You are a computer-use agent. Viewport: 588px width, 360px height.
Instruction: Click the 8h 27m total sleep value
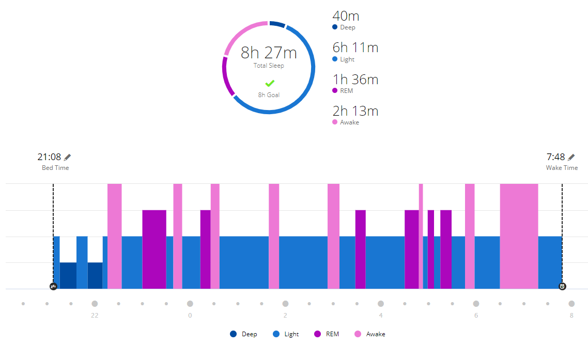pos(269,53)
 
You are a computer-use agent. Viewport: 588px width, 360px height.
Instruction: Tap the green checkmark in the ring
pos(270,83)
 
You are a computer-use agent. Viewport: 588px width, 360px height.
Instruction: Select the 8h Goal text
pos(269,95)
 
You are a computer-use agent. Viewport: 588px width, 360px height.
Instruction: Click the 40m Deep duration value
pos(346,16)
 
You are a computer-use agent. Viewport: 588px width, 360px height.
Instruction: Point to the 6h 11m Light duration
pos(355,48)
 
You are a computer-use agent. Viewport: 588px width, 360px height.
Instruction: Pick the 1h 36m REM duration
pos(355,80)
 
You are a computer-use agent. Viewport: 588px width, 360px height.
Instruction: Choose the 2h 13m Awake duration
pos(355,111)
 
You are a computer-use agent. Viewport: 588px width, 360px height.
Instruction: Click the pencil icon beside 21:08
pos(68,157)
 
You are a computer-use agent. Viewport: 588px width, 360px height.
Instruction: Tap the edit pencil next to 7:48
pos(571,157)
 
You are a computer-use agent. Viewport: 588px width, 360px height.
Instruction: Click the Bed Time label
pos(55,168)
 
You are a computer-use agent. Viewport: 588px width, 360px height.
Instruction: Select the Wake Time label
pos(562,168)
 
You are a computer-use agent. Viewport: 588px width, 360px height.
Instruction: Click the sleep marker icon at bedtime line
pos(53,287)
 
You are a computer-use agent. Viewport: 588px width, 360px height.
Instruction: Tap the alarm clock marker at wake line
pos(562,287)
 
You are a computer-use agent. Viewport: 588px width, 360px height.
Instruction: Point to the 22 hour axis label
pos(95,316)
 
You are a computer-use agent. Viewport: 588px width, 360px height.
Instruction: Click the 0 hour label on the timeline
pos(190,316)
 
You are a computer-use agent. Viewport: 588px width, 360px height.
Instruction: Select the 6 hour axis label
pos(476,316)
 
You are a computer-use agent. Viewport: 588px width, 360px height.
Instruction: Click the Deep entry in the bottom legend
pos(243,334)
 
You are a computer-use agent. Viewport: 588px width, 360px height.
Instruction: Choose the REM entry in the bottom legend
pos(327,334)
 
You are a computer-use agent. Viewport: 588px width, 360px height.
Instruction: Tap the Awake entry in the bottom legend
pos(370,334)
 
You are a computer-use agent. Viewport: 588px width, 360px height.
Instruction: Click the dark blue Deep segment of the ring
pos(277,24)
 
